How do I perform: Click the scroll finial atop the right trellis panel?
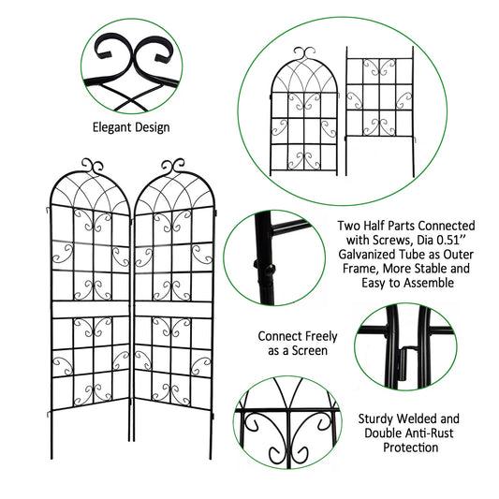[173, 167]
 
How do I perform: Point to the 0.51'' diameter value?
[448, 240]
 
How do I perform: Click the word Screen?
[309, 350]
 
